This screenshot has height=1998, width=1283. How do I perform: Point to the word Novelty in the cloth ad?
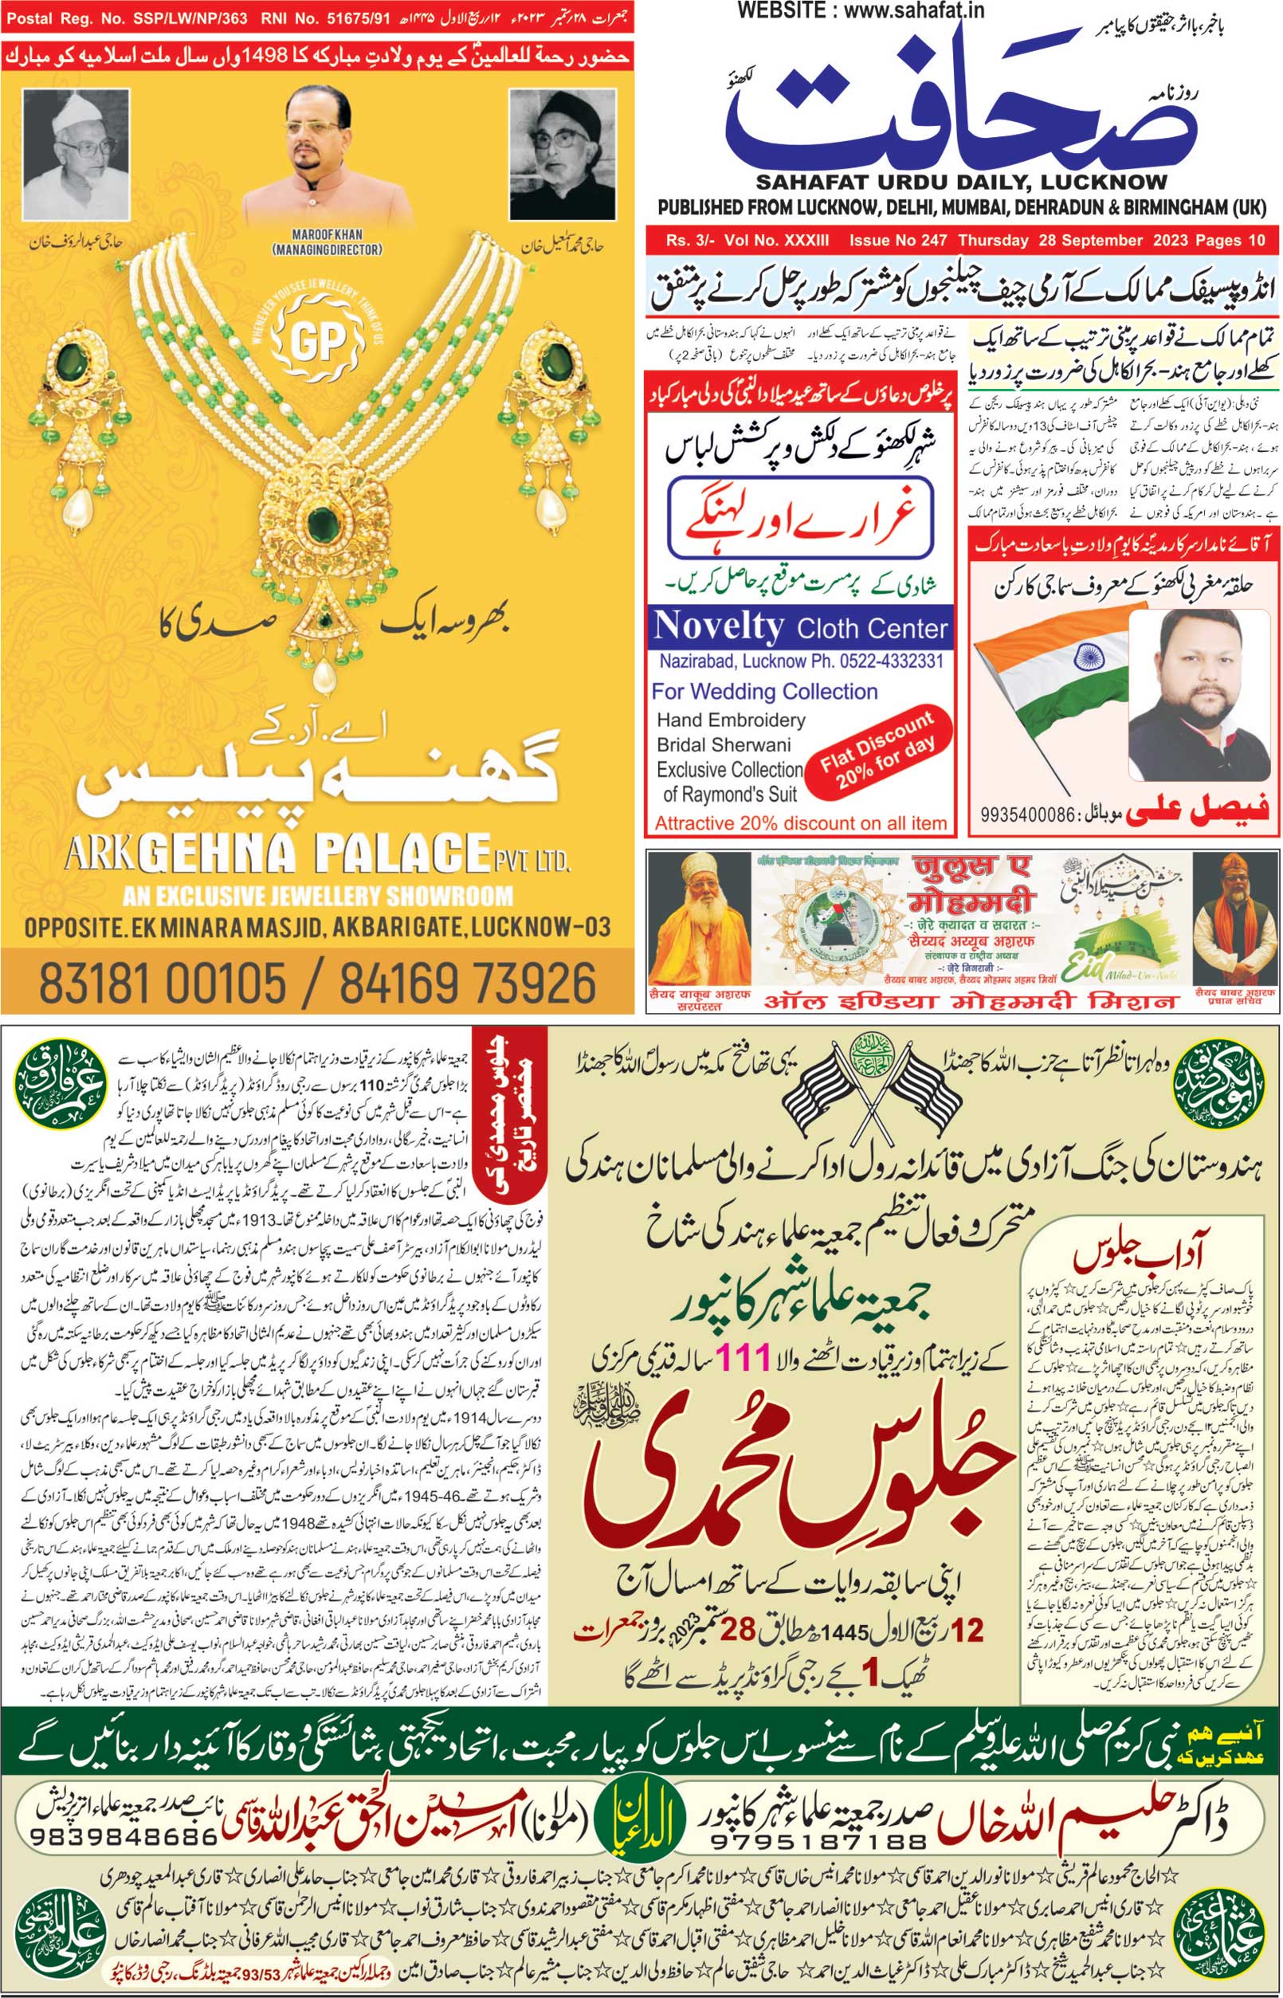click(x=718, y=626)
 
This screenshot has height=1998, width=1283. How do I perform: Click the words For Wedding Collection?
click(x=764, y=692)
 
